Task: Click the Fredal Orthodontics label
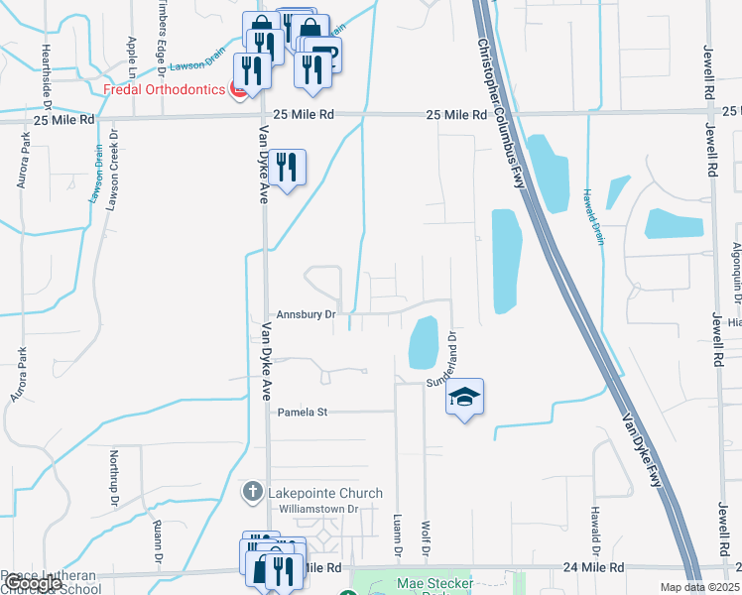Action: [x=165, y=89]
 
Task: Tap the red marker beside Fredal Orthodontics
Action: [x=238, y=90]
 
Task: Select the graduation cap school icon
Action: [x=464, y=398]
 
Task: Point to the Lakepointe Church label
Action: [x=316, y=491]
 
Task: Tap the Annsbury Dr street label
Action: [x=307, y=314]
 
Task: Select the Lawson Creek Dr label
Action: [x=114, y=169]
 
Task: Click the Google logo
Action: [x=33, y=584]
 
